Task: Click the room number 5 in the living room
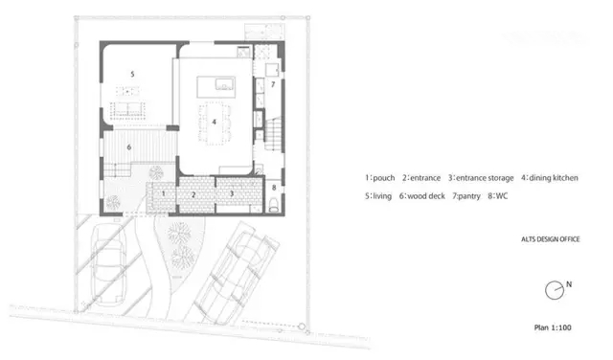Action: (x=132, y=74)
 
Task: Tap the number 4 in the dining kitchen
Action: (x=214, y=122)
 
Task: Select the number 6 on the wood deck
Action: (x=129, y=147)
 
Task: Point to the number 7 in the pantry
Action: (x=273, y=84)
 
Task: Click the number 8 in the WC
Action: (x=274, y=188)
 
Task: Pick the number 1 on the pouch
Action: (x=164, y=193)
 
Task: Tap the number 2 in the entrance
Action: (x=193, y=194)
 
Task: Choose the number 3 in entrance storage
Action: (x=232, y=193)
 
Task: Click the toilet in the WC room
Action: (x=274, y=205)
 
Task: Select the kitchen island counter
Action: (x=216, y=87)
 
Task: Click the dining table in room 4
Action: (x=214, y=124)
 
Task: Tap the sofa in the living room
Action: (x=127, y=110)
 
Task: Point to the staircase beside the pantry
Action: (x=274, y=134)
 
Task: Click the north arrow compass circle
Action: (x=555, y=290)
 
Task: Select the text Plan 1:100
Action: (x=553, y=327)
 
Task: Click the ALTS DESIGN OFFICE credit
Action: (x=551, y=239)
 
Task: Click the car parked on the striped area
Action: (x=108, y=264)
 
